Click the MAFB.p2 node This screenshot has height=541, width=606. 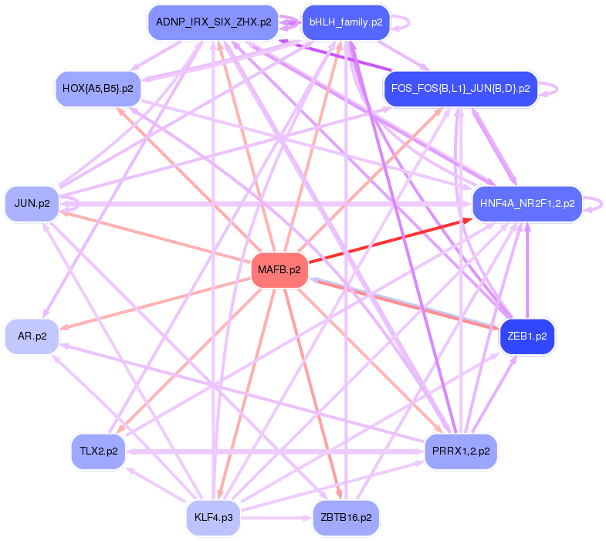point(279,270)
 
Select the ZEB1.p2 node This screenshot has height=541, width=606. point(527,336)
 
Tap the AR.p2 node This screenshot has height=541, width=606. point(32,336)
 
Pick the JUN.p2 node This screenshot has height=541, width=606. point(32,204)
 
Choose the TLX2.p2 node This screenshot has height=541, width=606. point(99,451)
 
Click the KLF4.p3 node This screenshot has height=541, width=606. point(213,517)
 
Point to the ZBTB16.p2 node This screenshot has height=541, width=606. point(346,517)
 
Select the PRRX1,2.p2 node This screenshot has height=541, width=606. point(461,451)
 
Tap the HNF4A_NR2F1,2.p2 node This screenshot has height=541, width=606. point(527,204)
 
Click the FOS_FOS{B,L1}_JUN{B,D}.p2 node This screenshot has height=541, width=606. point(461,89)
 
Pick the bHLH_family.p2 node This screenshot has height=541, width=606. point(346,22)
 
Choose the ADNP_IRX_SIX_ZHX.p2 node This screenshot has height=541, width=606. point(213,22)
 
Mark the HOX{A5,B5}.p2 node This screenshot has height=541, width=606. point(98,89)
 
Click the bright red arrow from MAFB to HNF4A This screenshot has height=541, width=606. point(391,240)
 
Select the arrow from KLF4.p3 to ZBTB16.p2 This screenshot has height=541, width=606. point(276,517)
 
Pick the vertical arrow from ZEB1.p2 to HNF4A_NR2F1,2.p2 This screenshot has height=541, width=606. point(527,270)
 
